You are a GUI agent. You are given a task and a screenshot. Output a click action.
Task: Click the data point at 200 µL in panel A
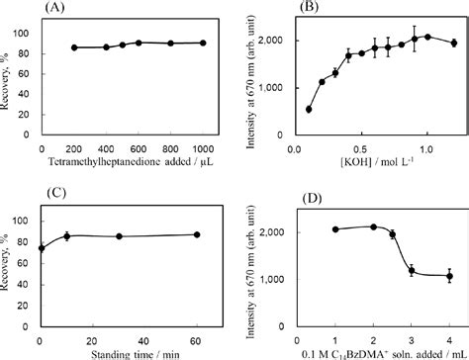[74, 46]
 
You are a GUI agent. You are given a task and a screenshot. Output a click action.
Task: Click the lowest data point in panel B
[309, 110]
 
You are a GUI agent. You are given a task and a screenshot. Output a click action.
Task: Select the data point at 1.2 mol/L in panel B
[453, 43]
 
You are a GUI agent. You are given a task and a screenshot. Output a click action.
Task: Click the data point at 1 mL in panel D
[336, 229]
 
